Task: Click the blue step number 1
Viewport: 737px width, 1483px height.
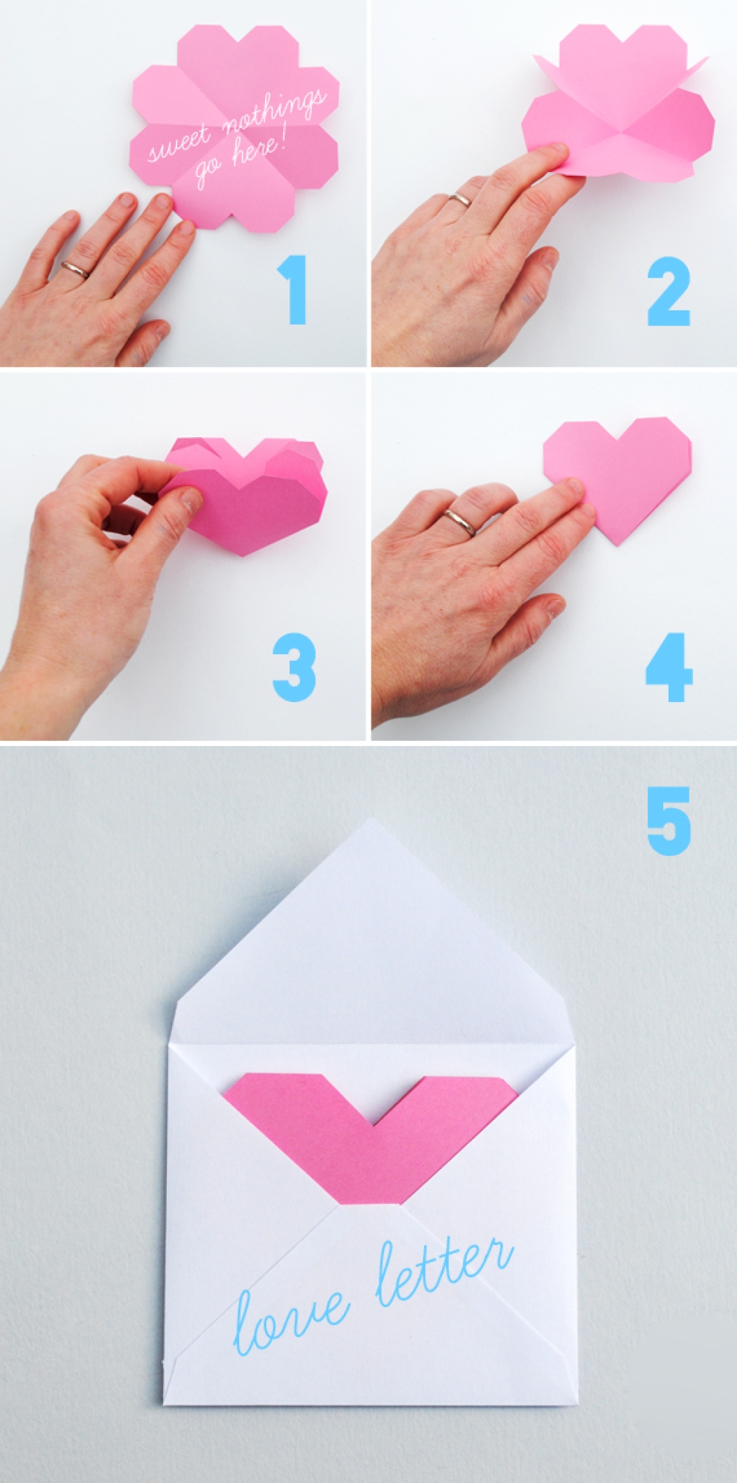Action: point(295,290)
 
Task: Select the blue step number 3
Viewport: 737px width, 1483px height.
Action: point(294,667)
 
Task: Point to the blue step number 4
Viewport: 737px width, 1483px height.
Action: point(669,667)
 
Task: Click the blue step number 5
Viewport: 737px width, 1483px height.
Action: point(669,821)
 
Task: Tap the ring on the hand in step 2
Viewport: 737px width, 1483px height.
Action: point(460,200)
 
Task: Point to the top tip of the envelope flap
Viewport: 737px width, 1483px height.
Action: point(370,819)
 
